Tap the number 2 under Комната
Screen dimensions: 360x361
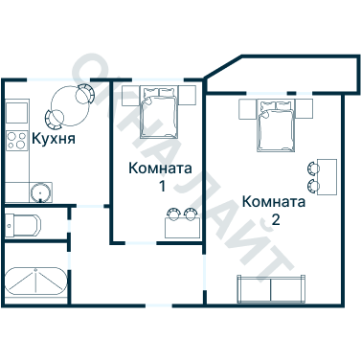276,219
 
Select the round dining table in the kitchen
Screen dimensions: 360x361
70,101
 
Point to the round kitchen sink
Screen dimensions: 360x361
40,192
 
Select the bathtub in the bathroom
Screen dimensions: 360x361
35,283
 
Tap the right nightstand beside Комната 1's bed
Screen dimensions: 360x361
185,94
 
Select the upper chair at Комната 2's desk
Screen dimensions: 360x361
313,169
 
